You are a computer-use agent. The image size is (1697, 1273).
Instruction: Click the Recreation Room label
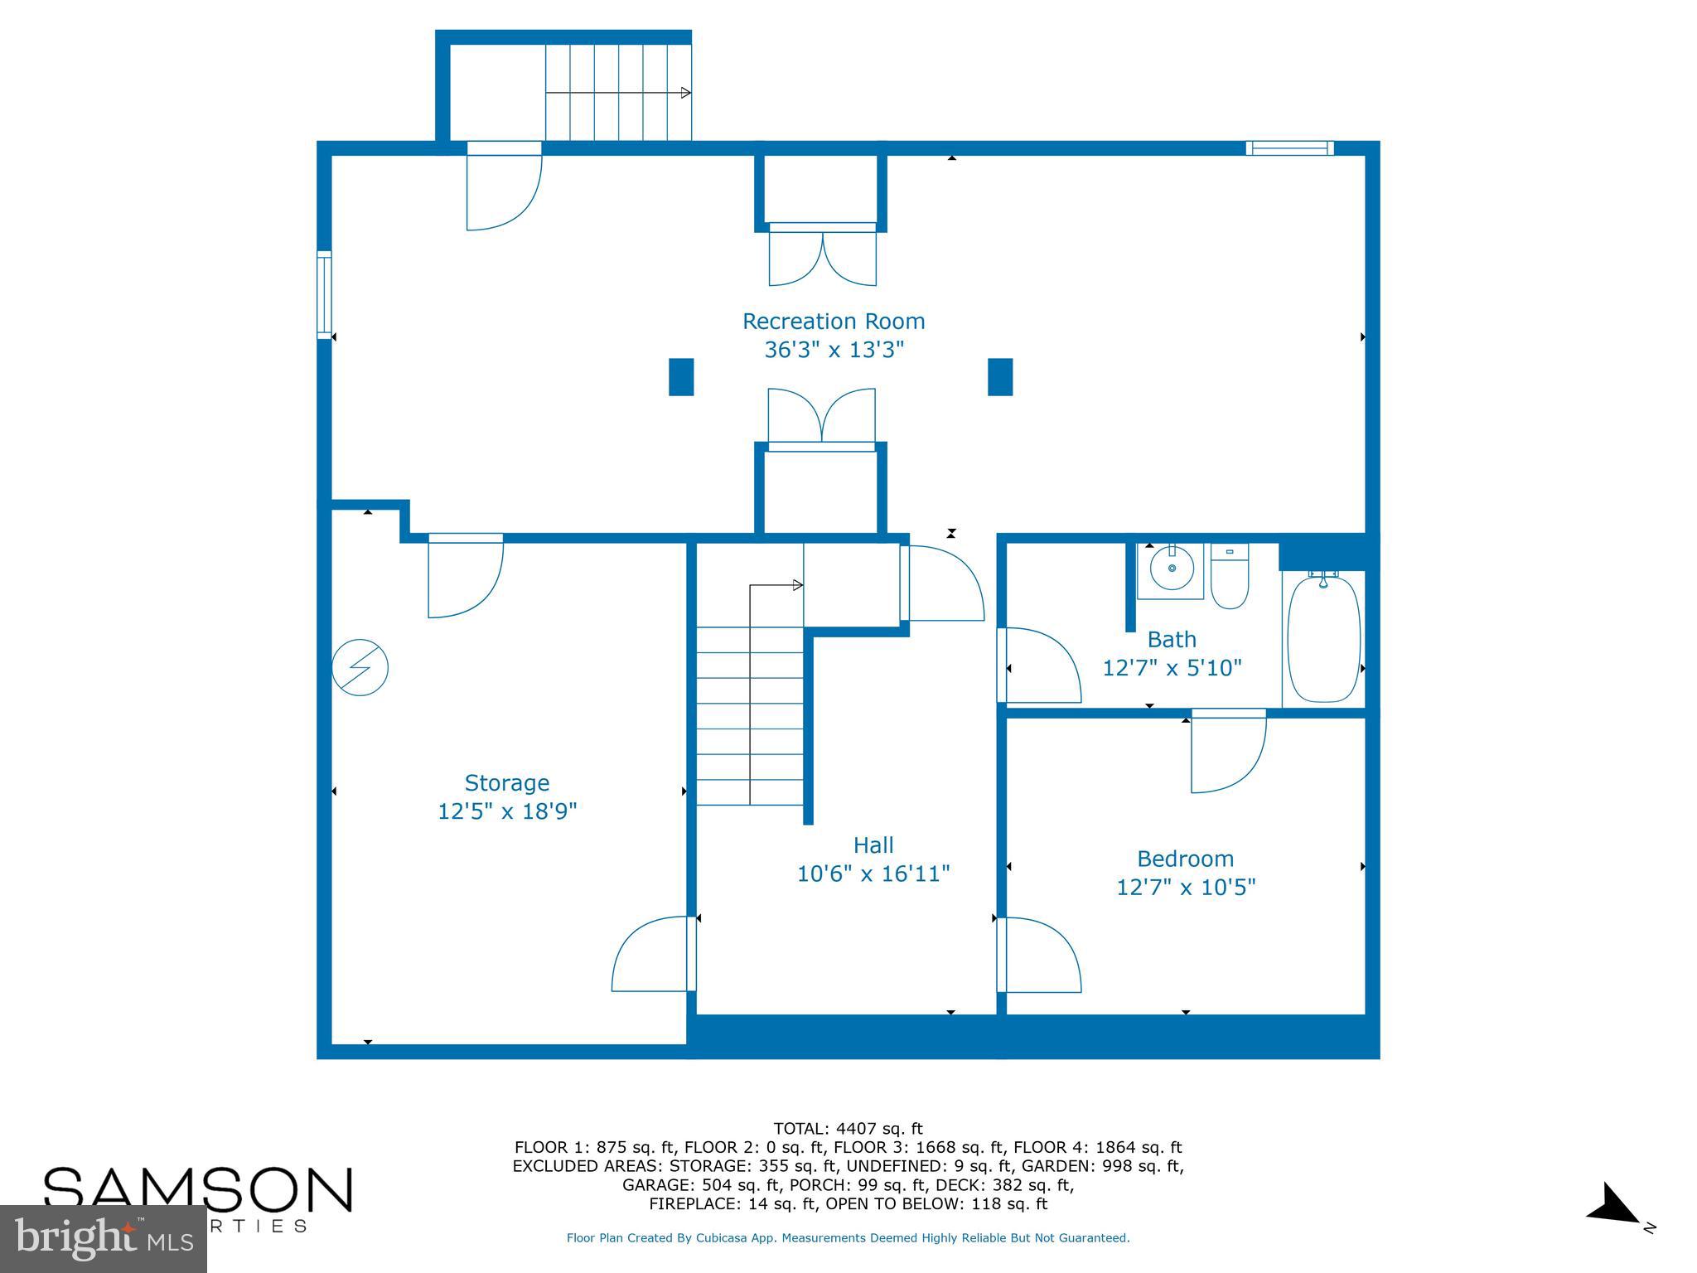click(x=833, y=322)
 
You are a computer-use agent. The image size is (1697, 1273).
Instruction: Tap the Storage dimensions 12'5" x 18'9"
click(x=506, y=811)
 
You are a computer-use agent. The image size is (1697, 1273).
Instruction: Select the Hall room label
click(x=873, y=845)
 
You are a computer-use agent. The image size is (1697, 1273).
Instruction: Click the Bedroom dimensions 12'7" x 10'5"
click(x=1185, y=888)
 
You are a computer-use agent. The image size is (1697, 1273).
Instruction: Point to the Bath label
click(x=1171, y=640)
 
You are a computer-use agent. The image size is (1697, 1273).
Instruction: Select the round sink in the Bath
click(x=1172, y=569)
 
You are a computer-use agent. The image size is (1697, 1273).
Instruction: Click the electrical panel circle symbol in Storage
click(x=360, y=667)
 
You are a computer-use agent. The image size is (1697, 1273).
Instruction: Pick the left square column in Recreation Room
click(x=680, y=377)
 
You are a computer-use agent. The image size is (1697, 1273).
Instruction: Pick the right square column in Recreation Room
click(x=1000, y=377)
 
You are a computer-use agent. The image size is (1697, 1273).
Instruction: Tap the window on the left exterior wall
click(x=324, y=295)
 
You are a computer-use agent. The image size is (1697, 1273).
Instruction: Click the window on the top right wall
click(x=1289, y=148)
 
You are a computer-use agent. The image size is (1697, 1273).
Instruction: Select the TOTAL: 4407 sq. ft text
click(x=848, y=1129)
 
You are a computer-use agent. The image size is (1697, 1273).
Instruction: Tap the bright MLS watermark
click(x=103, y=1239)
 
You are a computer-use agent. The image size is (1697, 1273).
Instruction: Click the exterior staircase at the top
click(x=617, y=93)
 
